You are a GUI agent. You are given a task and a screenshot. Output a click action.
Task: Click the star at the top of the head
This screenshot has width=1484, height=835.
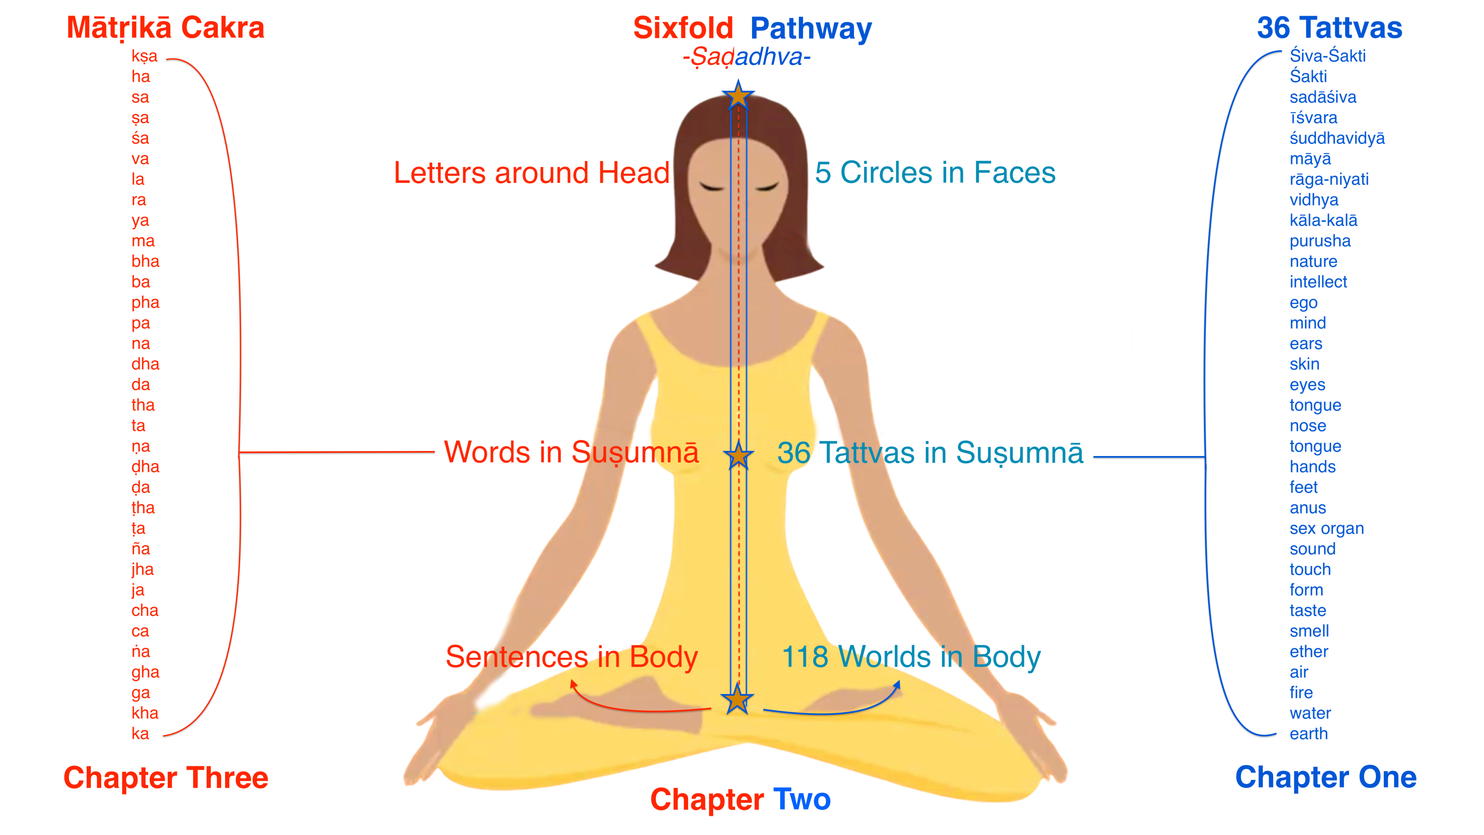[738, 96]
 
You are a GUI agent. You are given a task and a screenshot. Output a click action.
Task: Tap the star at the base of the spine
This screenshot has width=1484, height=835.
[737, 700]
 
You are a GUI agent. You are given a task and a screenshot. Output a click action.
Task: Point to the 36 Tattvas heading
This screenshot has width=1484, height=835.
[1329, 28]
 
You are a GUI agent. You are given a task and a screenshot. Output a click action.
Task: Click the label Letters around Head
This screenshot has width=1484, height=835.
[531, 173]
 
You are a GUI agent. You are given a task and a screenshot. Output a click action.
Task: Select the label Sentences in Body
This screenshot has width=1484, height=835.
[572, 657]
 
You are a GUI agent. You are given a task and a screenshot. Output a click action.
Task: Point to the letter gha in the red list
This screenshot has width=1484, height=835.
[145, 672]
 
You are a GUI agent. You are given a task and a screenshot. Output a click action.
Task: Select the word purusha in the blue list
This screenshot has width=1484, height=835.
[1320, 241]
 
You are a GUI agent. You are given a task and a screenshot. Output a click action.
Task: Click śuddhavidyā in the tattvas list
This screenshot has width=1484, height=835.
[1337, 138]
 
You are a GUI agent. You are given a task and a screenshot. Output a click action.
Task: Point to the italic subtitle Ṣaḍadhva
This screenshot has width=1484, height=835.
[747, 57]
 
